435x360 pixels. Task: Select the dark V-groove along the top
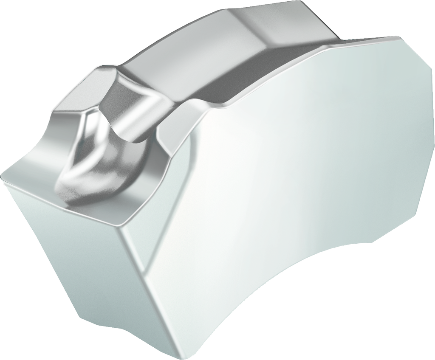pos(238,72)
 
